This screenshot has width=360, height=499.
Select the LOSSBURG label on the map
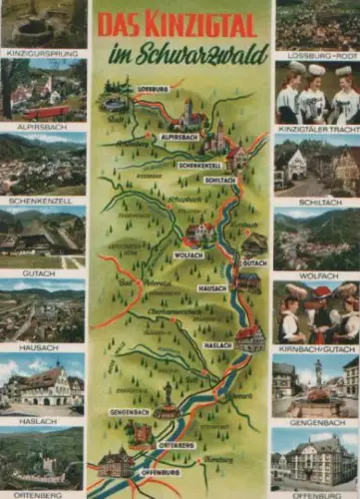tap(154, 90)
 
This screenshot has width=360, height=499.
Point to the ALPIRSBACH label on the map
tap(180, 137)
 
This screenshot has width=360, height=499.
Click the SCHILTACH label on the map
tap(219, 180)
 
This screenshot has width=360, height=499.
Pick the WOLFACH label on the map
tap(188, 254)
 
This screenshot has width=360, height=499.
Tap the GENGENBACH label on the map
tap(131, 411)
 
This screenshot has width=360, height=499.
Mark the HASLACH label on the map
tap(217, 344)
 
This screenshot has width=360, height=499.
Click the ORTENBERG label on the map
tap(177, 445)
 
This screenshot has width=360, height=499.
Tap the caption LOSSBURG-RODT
tap(316, 56)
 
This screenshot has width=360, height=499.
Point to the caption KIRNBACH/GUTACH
tap(316, 349)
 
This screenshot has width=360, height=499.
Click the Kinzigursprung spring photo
tap(42, 24)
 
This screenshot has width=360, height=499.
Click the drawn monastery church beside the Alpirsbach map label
tap(188, 115)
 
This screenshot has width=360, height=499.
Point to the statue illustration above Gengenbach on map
tap(168, 395)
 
